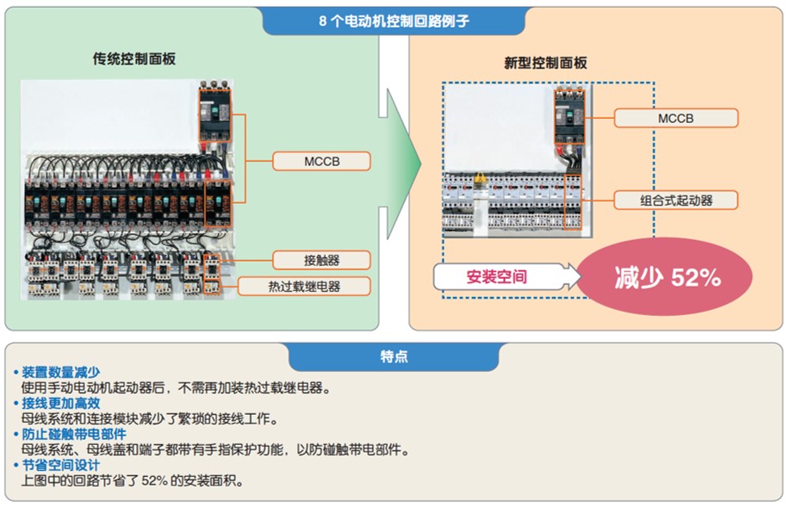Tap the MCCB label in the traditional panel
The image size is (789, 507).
point(322,161)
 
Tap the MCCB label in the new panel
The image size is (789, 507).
point(675,118)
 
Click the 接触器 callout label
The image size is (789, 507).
point(322,260)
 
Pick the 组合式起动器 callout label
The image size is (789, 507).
point(675,201)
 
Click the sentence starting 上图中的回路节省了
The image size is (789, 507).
point(133,480)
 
